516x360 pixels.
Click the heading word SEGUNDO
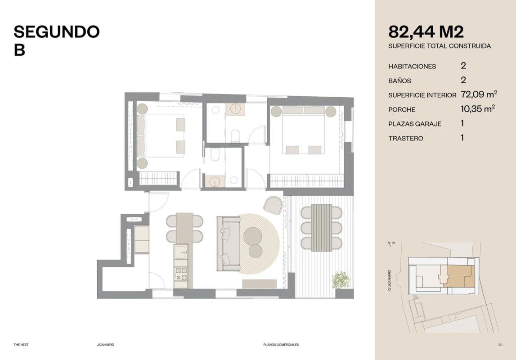pos(57,31)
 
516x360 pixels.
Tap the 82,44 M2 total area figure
pos(426,32)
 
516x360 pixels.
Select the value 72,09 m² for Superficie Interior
pos(479,94)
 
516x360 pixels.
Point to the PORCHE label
pos(401,110)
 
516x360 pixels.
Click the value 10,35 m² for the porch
pos(478,108)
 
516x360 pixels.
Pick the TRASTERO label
pos(405,138)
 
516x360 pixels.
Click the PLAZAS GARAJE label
pos(415,124)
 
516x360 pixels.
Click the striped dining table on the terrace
pos(322,228)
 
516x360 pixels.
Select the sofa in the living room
pos(229,243)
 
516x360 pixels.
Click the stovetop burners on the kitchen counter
pos(181,274)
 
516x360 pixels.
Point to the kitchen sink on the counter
pos(181,252)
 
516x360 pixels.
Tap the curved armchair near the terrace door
pos(273,205)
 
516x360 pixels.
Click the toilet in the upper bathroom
pos(235,136)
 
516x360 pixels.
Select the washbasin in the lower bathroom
pos(215,181)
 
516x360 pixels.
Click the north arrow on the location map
pos(390,244)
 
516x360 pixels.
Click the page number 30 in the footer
pos(500,345)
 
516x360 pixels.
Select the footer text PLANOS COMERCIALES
pos(281,345)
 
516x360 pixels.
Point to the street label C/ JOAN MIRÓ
pos(390,280)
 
